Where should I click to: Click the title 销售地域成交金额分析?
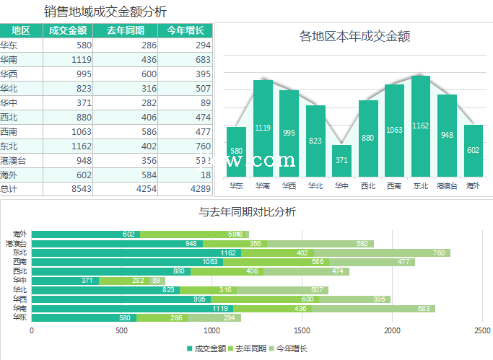(x=105, y=12)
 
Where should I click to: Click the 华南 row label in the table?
(x=10, y=59)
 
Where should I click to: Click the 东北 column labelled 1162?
(x=421, y=126)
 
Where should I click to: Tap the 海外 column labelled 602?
(x=473, y=151)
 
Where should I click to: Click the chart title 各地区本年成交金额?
(x=354, y=36)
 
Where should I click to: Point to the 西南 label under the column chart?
(x=394, y=185)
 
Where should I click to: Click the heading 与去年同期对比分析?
(x=248, y=212)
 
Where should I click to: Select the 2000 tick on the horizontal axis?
(x=392, y=330)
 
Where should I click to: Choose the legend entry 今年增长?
(x=289, y=348)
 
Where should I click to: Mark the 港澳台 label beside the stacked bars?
(x=16, y=243)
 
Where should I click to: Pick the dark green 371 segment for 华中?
(x=65, y=281)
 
